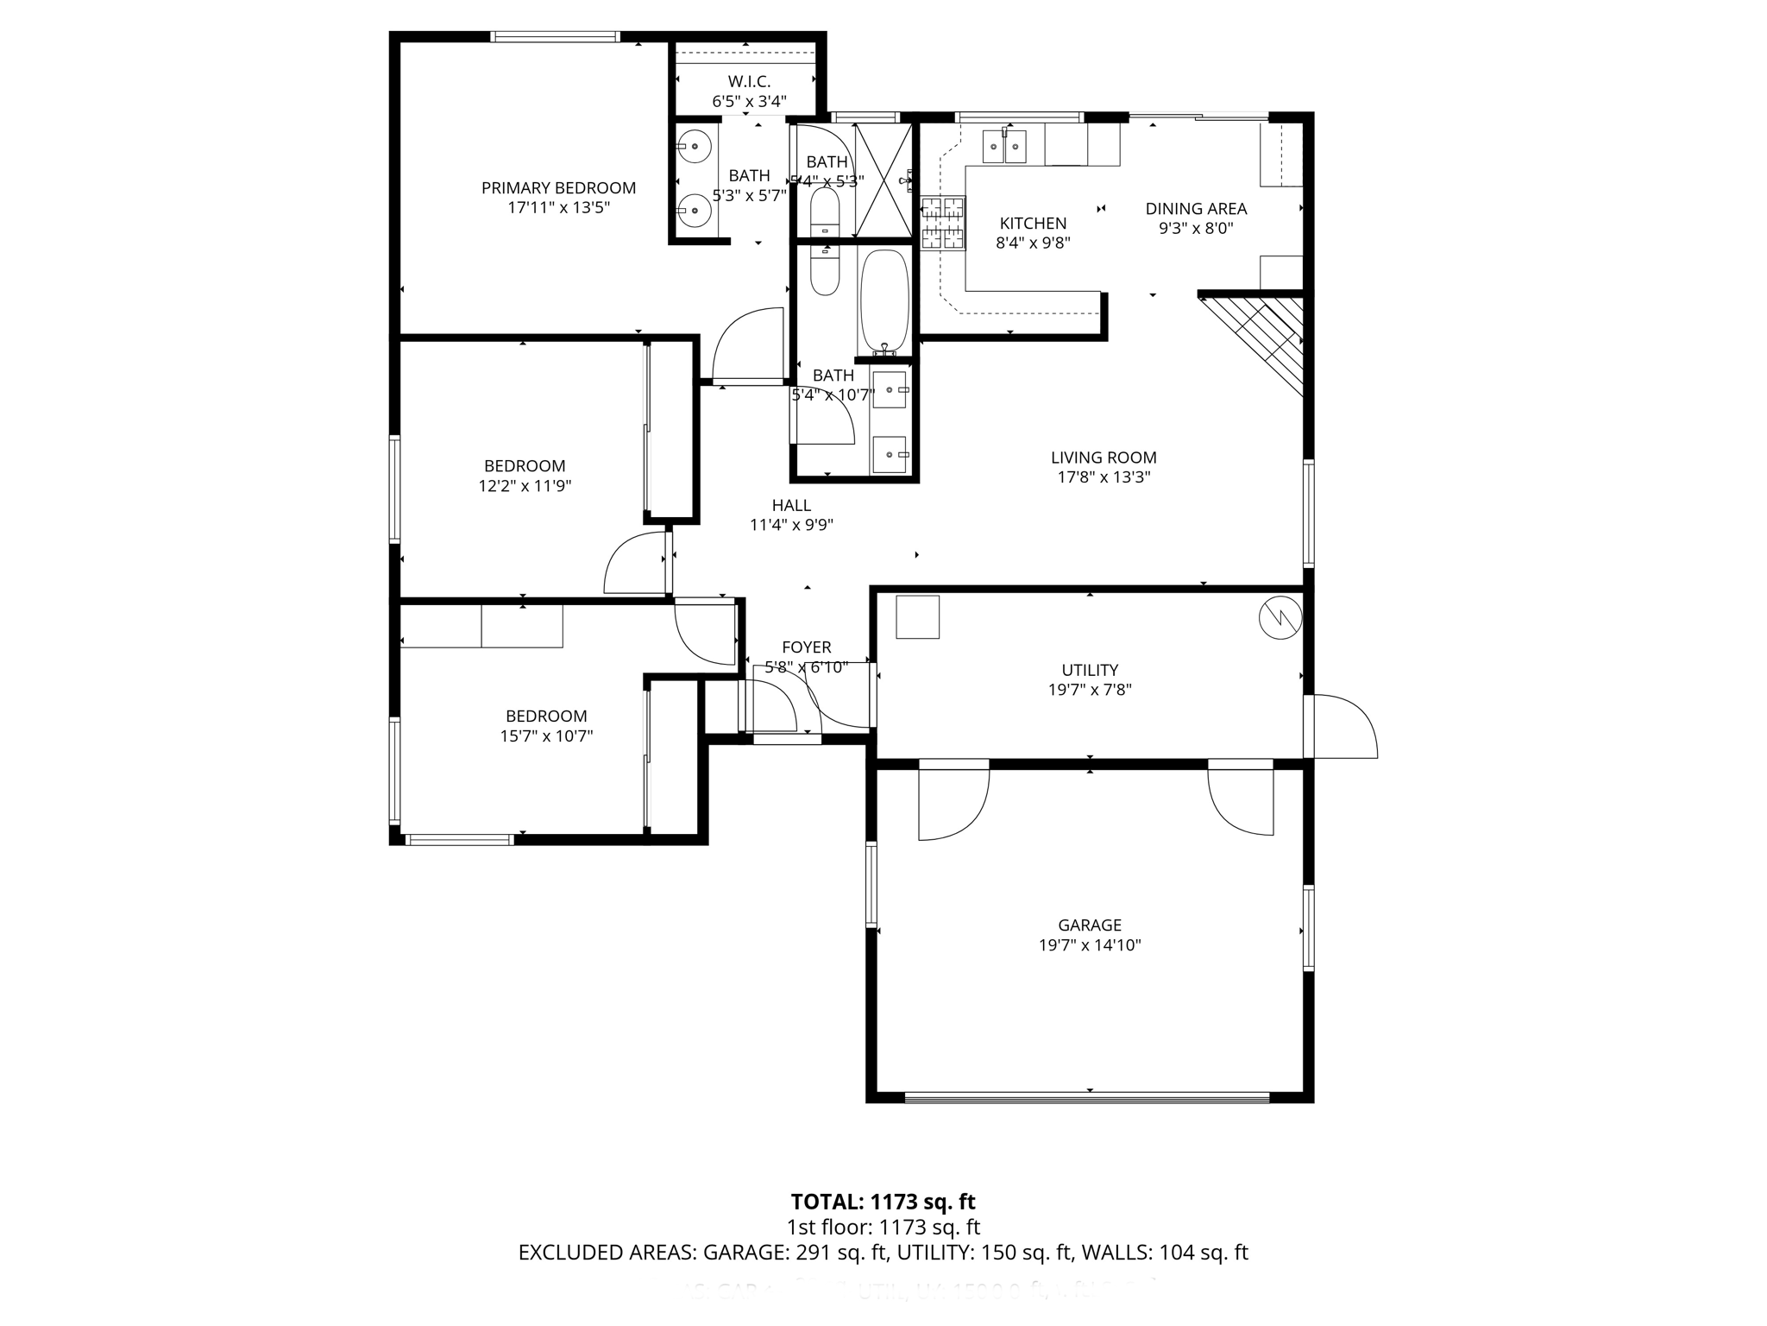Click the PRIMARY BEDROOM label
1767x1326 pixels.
(x=558, y=188)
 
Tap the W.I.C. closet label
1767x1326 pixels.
(x=748, y=82)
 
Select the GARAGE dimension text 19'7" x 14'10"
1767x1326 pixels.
(x=1090, y=945)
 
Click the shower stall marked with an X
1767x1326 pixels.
(x=883, y=180)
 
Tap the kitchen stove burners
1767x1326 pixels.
(x=942, y=223)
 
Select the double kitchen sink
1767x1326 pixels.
(x=1005, y=147)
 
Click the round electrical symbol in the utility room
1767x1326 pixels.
(x=1280, y=617)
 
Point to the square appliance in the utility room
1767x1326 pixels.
(x=917, y=617)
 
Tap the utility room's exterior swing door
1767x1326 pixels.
(x=1342, y=727)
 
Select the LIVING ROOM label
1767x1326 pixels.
(x=1104, y=458)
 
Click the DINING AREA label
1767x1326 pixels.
(x=1196, y=209)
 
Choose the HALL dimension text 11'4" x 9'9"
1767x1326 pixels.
(x=791, y=525)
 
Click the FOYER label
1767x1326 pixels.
(x=806, y=647)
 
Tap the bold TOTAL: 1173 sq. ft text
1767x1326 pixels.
(x=883, y=1202)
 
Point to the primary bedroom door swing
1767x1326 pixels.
(x=746, y=345)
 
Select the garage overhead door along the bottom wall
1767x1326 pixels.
(x=1087, y=1098)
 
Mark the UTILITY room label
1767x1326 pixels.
(x=1090, y=670)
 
